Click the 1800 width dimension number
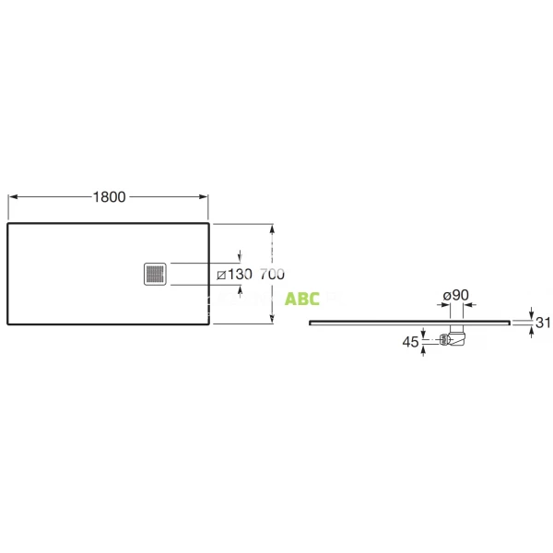pos(109,196)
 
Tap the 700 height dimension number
pos(272,274)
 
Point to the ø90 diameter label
pos(456,295)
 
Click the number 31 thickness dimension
pos(543,322)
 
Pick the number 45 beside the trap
pos(410,342)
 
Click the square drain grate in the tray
pos(155,274)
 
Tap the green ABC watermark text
pos(302,299)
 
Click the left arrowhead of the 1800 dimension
pos(12,196)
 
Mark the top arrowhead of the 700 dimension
pos(272,227)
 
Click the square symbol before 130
pos(220,274)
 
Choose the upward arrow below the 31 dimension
pos(531,331)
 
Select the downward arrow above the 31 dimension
pos(531,313)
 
